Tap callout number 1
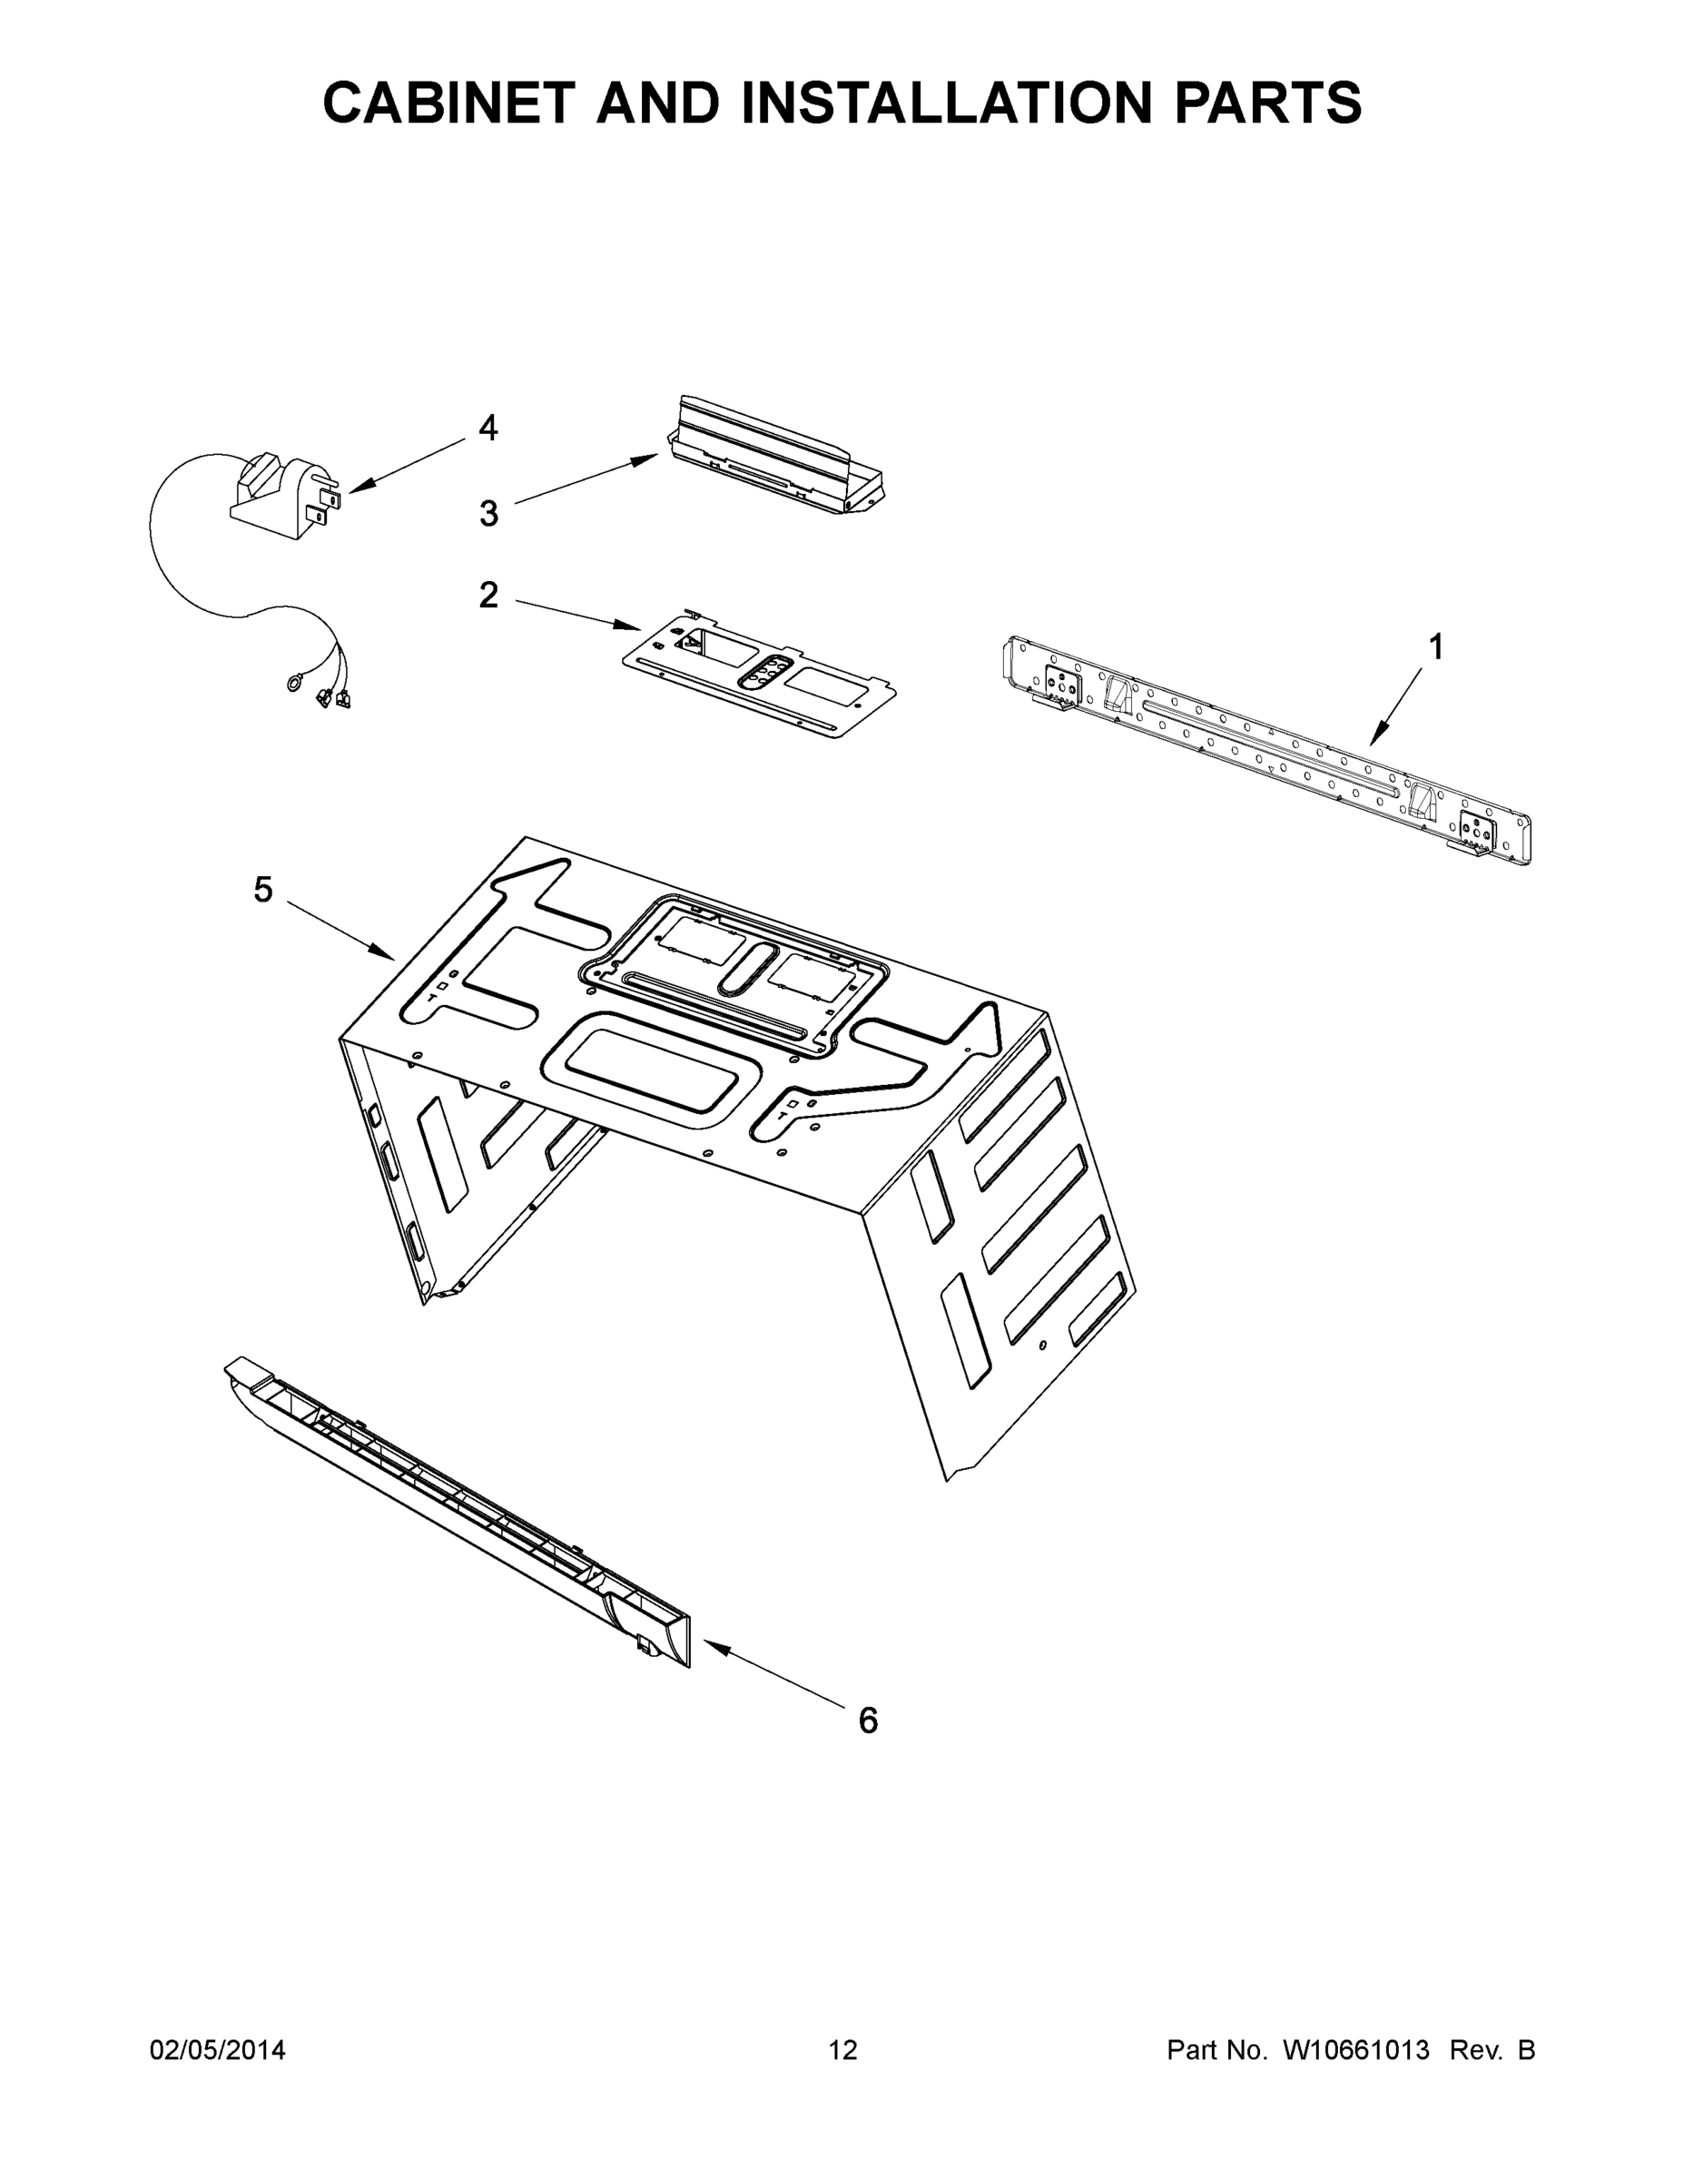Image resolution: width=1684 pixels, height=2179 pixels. (1434, 648)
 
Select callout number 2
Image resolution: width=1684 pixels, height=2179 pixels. (487, 596)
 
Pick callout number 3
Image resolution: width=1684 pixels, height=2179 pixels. (487, 514)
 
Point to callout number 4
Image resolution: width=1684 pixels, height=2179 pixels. (487, 428)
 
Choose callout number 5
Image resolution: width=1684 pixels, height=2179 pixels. (262, 890)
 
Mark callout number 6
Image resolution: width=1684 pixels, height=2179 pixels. (868, 1721)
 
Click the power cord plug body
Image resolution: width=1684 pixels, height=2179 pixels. (275, 498)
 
